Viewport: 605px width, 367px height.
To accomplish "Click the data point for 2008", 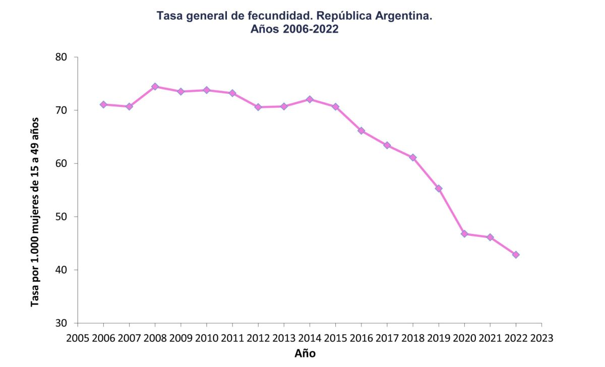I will [155, 87].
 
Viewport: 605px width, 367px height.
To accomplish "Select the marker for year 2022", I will [516, 255].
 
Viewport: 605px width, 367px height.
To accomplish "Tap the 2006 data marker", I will [103, 104].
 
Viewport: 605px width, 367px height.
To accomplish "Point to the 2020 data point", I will [464, 234].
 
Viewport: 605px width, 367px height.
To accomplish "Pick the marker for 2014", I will [310, 99].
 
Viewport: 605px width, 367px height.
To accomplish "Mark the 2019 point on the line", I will [439, 189].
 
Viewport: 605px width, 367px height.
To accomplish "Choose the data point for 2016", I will [361, 131].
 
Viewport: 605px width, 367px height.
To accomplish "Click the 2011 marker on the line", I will [232, 93].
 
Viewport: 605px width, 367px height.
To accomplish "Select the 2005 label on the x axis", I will [78, 337].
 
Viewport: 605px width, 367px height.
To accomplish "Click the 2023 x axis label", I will [541, 337].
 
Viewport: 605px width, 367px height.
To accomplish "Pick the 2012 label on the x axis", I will [258, 337].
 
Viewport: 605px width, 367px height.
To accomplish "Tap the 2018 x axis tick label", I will [413, 337].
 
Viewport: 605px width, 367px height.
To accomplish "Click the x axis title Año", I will [305, 353].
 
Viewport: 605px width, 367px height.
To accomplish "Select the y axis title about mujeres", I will [35, 212].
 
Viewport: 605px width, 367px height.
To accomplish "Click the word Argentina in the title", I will [403, 17].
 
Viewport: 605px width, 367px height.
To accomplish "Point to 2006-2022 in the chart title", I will [310, 30].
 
